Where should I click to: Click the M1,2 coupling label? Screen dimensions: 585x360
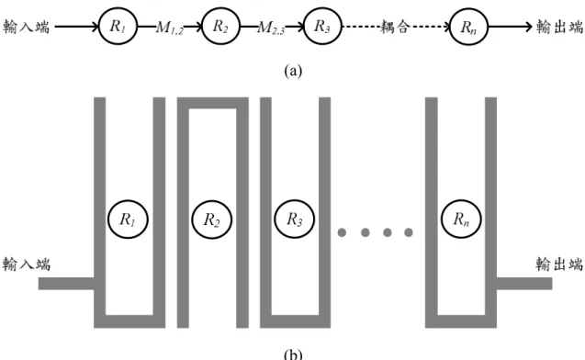tap(170, 28)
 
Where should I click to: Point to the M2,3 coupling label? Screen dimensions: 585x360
tap(271, 28)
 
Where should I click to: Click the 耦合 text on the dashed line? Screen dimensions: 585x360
tap(395, 27)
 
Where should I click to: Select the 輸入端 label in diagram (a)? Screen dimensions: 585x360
tap(26, 27)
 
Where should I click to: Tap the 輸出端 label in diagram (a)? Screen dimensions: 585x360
tap(559, 27)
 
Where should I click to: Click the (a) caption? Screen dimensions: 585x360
tap(293, 71)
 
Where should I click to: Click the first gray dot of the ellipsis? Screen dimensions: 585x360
tap(342, 232)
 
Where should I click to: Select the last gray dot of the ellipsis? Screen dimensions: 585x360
tap(409, 232)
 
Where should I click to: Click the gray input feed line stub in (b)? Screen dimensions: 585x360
tap(66, 284)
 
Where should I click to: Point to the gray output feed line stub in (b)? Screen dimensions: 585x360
tap(524, 284)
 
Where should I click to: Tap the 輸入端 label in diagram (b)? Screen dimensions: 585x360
tap(26, 264)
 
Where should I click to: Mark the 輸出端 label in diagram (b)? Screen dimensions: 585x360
tap(559, 264)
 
